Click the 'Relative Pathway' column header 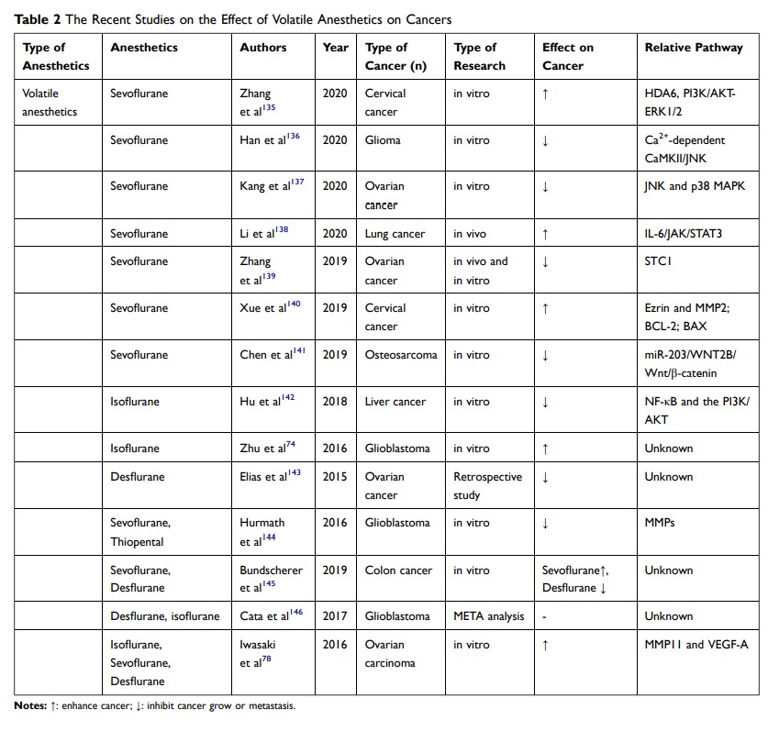point(693,48)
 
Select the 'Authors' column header point(262,48)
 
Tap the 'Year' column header point(336,48)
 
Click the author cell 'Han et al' point(262,140)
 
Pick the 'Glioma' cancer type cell point(384,140)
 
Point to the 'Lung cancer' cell point(395,234)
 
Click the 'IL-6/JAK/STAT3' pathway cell point(684,234)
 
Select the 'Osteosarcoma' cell point(401,355)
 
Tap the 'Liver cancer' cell point(395,402)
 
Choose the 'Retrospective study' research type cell point(487,485)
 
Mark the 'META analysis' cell point(489,616)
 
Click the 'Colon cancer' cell point(398,570)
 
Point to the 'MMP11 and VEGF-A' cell point(696,644)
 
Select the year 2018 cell point(335,402)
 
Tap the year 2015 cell point(335,476)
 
